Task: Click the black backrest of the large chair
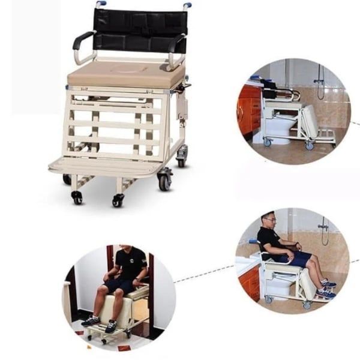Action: [138, 30]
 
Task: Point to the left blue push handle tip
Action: [100, 4]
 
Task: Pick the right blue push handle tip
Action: [188, 5]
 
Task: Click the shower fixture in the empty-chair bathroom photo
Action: [320, 84]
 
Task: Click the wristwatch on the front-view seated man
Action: [138, 280]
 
